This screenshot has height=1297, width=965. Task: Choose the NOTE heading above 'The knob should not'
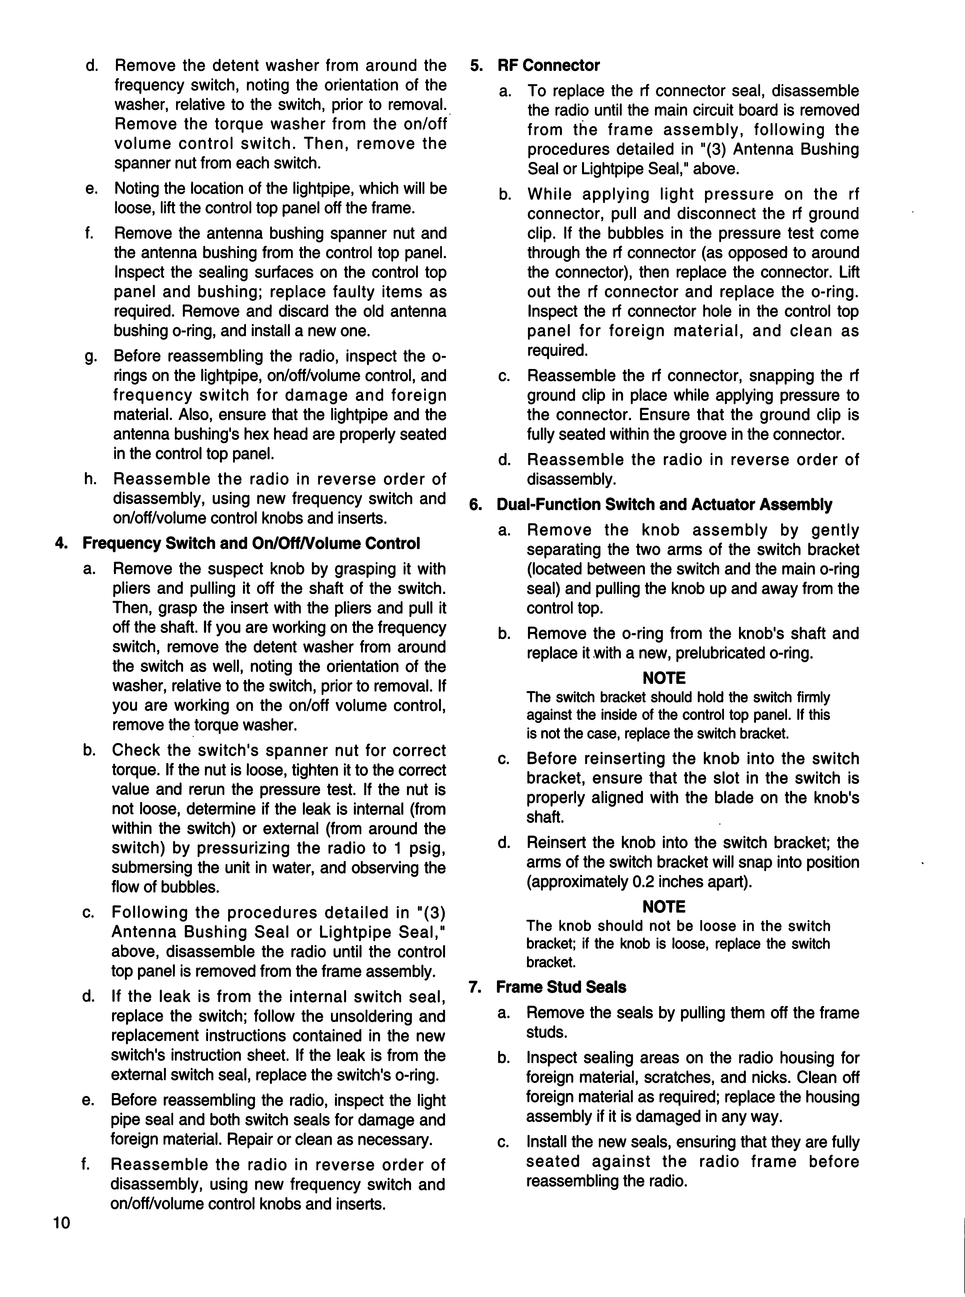pos(664,907)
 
